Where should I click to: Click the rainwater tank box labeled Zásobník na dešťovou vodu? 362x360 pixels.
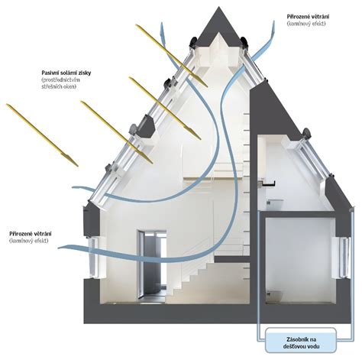(301, 340)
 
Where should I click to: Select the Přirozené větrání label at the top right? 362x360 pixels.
(308, 17)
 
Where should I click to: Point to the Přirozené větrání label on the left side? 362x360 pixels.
(31, 234)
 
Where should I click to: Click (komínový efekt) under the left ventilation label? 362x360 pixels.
(28, 241)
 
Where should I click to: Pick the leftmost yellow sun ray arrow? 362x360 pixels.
(42, 135)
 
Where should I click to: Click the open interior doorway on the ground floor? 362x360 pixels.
(152, 265)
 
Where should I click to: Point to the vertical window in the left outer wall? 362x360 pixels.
(94, 258)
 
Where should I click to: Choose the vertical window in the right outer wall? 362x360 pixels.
(342, 258)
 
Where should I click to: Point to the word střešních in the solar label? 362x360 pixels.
(52, 86)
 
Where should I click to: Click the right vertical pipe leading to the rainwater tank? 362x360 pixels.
(353, 274)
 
